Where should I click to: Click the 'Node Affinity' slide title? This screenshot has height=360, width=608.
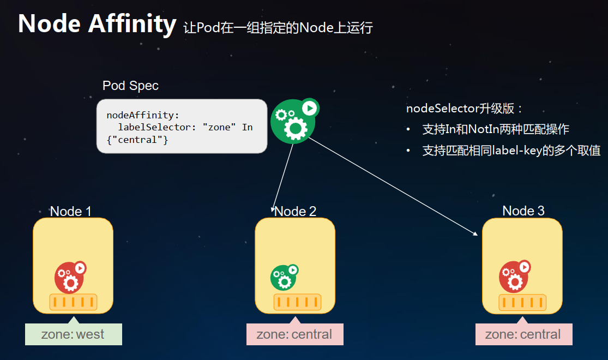pos(97,24)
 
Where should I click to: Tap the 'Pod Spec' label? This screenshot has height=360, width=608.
pos(130,86)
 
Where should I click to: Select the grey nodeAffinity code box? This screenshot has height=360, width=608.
pos(182,126)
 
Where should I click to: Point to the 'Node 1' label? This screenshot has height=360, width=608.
pos(71,211)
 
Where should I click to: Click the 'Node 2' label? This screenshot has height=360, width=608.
pos(296,211)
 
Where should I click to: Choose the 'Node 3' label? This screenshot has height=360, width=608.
pos(523,211)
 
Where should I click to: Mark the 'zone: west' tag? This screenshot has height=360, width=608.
pos(73,334)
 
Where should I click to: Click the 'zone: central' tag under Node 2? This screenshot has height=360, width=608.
pos(294,334)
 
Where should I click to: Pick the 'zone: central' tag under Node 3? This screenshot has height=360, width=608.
pos(523,334)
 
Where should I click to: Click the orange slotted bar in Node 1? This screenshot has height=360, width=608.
pos(73,302)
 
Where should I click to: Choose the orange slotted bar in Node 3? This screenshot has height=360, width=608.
pos(522,303)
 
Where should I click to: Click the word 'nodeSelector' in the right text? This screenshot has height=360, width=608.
pos(442,108)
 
